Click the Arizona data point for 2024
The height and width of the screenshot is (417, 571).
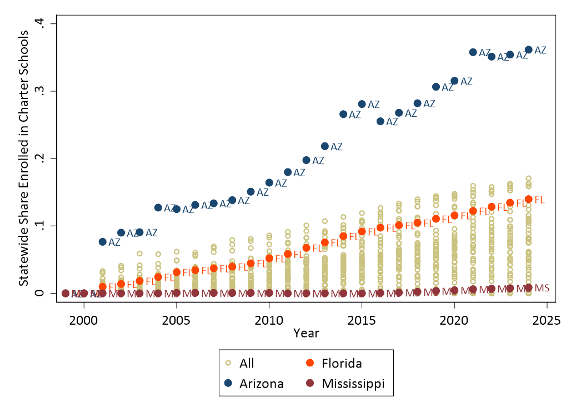point(528,50)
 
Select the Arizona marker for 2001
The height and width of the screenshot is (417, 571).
point(102,242)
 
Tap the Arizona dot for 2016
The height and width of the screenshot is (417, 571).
point(380,121)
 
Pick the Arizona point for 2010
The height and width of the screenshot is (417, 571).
point(269,182)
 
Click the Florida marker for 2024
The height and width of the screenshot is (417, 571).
point(528,199)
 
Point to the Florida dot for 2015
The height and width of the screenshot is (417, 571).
point(362,231)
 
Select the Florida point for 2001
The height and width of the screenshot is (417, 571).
point(102,287)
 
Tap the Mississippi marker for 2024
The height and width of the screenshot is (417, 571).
point(528,287)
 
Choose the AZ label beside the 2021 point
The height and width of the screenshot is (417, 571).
point(485,53)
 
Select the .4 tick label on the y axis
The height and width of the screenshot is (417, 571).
point(45,23)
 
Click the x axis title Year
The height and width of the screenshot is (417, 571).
point(306,332)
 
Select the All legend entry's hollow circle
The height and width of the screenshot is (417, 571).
point(228,364)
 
